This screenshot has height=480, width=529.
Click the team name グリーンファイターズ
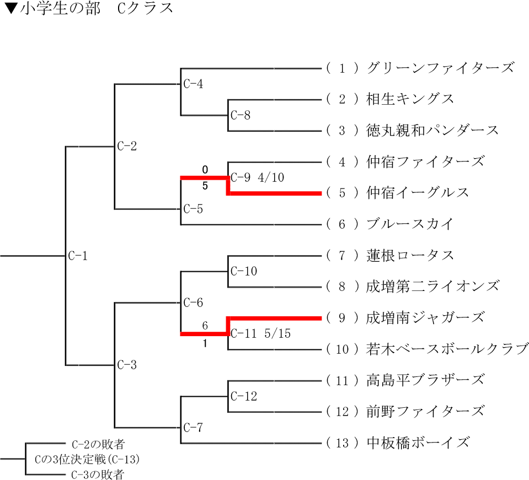coord(440,68)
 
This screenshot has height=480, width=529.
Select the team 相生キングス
coord(410,99)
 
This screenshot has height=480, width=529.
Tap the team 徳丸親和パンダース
coord(432,131)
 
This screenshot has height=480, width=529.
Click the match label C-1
coord(78,256)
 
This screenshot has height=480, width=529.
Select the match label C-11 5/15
coord(260,333)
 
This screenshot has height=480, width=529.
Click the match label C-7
coord(193,427)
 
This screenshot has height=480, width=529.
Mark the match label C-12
coord(243,396)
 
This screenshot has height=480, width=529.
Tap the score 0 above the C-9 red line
coord(205,169)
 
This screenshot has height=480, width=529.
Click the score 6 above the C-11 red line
coord(205,326)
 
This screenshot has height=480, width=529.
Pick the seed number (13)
coord(342,443)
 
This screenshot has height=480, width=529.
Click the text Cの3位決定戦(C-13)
coord(87,459)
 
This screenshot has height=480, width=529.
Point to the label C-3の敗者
coord(98,474)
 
